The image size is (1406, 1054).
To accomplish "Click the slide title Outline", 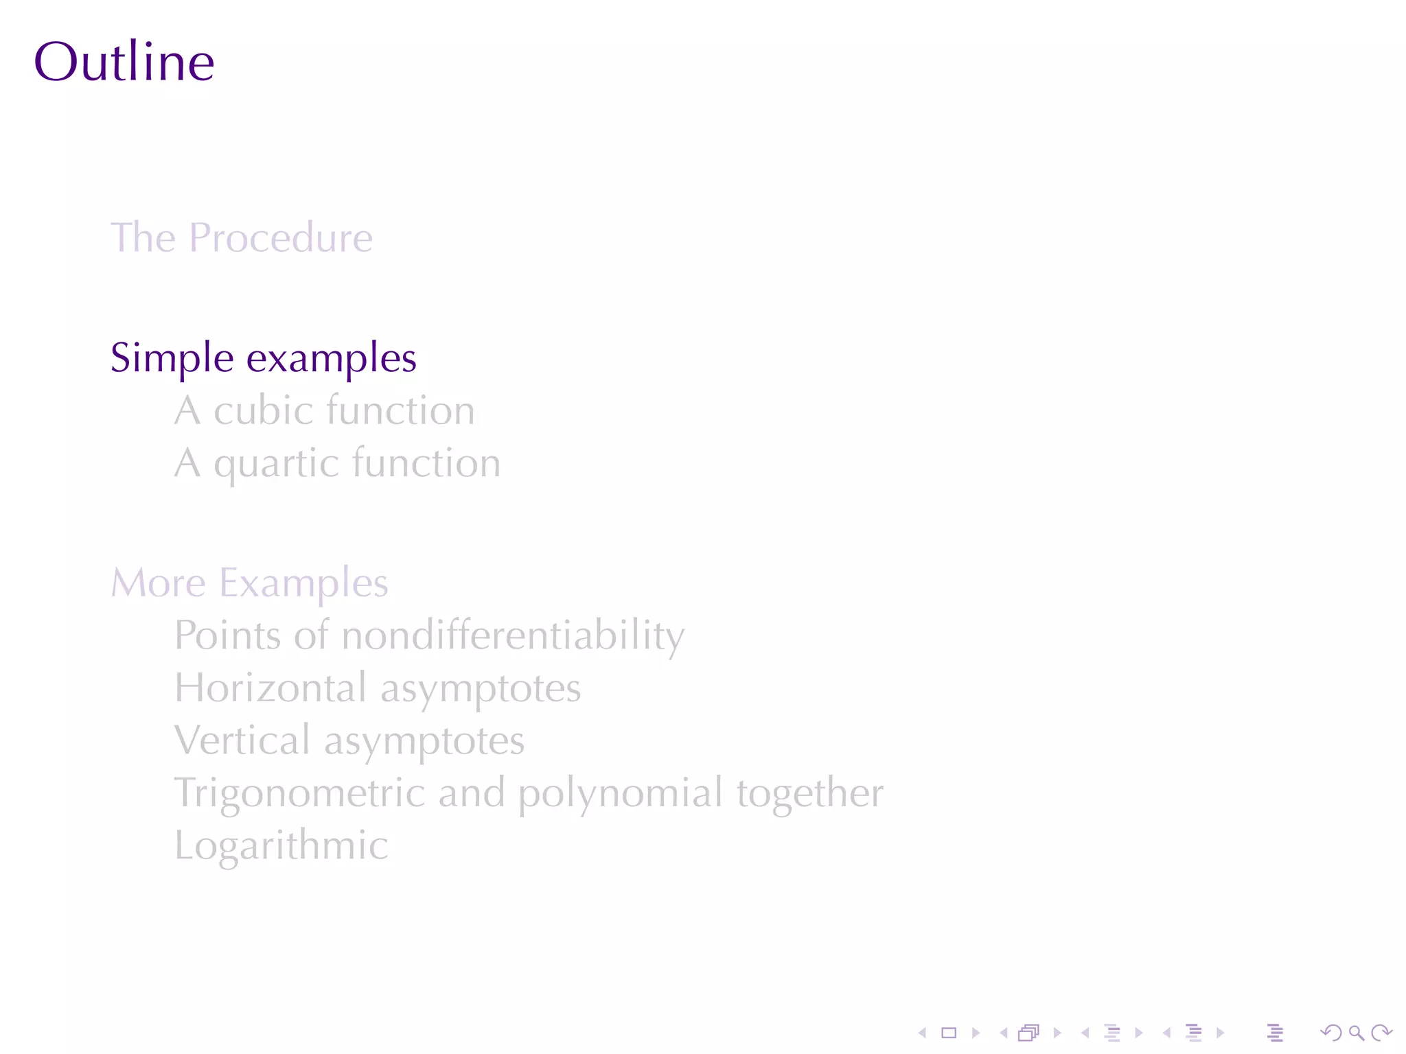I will pyautogui.click(x=124, y=62).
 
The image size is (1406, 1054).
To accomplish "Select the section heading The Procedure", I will pyautogui.click(x=242, y=237).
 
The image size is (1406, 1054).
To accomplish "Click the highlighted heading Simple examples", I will pyautogui.click(x=264, y=358).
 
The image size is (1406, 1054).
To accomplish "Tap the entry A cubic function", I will pyautogui.click(x=324, y=410).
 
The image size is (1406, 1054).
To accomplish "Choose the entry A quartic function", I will pyautogui.click(x=337, y=463).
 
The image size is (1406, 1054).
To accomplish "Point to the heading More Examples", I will pyautogui.click(x=250, y=583).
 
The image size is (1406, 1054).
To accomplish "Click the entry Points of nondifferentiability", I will pyautogui.click(x=429, y=635).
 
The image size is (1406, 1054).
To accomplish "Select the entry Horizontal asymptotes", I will pyautogui.click(x=378, y=688).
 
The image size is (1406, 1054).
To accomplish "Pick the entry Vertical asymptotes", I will pyautogui.click(x=349, y=740).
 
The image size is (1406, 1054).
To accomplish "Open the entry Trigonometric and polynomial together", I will pyautogui.click(x=529, y=793).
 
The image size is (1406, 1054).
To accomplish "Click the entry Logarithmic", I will pyautogui.click(x=281, y=845).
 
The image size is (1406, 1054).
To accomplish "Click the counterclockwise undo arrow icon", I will pyautogui.click(x=1331, y=1033).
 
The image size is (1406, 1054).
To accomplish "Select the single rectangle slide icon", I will pyautogui.click(x=949, y=1033).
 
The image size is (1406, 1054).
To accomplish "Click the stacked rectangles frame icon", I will pyautogui.click(x=1028, y=1033).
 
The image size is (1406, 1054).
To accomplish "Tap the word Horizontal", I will pyautogui.click(x=270, y=688).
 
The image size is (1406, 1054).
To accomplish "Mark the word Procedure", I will pyautogui.click(x=281, y=237).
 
